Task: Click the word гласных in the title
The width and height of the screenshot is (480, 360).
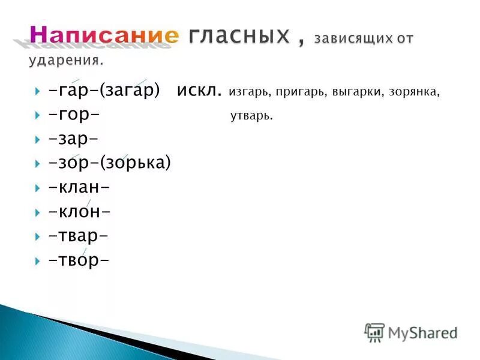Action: [x=239, y=36]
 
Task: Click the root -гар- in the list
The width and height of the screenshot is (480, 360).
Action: [x=74, y=92]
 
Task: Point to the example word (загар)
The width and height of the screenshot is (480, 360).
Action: [x=131, y=92]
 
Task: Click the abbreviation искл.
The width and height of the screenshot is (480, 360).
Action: [x=199, y=92]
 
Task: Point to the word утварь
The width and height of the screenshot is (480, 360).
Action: [x=251, y=116]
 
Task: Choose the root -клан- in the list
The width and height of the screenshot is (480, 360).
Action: [x=79, y=187]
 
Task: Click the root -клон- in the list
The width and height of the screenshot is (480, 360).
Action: [x=80, y=212]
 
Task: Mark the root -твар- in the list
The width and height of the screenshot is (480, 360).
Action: [x=79, y=236]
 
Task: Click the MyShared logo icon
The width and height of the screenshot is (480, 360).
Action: [x=374, y=332]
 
